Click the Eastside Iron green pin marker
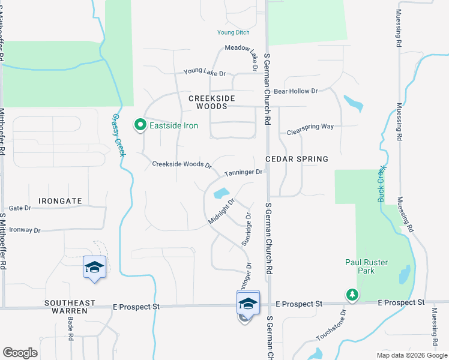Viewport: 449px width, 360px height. click(x=140, y=125)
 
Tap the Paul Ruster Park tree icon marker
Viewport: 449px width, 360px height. click(x=352, y=295)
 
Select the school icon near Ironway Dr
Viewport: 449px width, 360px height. click(x=94, y=267)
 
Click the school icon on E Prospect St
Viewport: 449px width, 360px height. click(x=247, y=302)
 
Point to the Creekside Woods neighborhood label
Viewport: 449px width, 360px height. click(x=208, y=102)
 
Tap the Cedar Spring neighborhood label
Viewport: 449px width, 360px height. click(x=297, y=159)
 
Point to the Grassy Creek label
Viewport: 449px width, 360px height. click(x=118, y=136)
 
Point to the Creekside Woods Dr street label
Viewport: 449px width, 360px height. click(x=182, y=164)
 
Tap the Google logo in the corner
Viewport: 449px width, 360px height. click(x=20, y=353)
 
